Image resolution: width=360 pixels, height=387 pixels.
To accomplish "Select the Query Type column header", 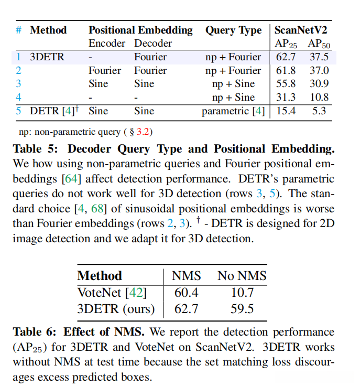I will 233,30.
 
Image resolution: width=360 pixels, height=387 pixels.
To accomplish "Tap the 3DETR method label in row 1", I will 47,57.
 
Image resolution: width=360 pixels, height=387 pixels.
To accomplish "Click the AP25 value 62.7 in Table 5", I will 285,57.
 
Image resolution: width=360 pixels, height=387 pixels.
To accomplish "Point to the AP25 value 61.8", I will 285,70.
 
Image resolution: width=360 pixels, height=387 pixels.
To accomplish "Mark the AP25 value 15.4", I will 285,111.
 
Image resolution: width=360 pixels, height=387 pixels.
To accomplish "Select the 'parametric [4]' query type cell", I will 233,111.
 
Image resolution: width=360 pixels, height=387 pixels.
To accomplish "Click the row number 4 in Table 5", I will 18,98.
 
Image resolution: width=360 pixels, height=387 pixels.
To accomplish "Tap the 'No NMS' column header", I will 242,276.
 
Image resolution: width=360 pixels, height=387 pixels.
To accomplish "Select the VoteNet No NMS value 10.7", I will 242,293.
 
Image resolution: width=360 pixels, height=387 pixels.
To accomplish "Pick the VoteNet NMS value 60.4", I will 187,293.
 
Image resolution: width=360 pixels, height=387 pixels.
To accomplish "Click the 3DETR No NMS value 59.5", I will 242,309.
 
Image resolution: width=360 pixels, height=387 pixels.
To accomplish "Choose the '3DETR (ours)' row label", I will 116,309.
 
